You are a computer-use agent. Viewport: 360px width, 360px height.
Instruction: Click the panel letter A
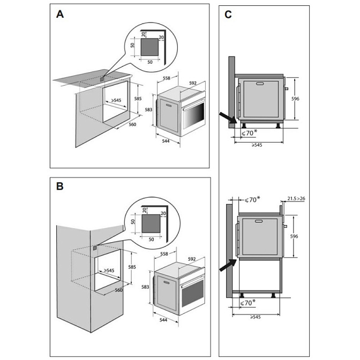[60, 15]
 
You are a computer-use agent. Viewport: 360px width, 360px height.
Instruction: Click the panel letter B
[60, 186]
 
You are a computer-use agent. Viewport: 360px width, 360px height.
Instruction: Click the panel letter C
[228, 15]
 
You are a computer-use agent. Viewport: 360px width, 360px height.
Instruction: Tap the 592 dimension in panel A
[193, 83]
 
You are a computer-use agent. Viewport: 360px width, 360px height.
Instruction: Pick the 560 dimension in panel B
[119, 290]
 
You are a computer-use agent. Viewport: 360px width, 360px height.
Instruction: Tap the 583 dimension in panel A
[149, 110]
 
